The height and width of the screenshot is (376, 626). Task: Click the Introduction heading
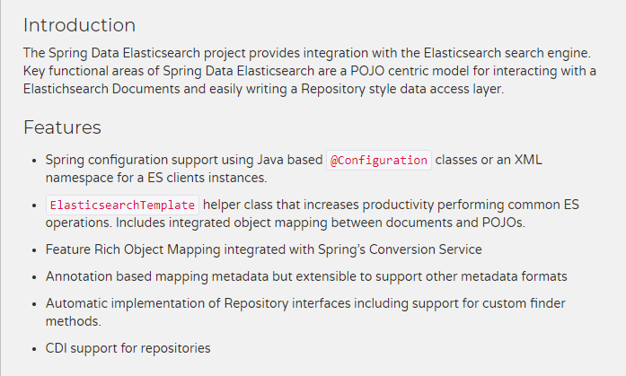tap(79, 25)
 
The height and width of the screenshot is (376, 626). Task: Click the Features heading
tap(62, 127)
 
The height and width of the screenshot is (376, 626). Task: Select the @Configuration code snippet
tap(378, 161)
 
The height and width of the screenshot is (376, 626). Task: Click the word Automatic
tap(80, 303)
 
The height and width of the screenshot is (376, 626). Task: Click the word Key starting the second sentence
tap(35, 71)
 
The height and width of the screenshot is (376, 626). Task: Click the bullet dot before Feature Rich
tap(33, 250)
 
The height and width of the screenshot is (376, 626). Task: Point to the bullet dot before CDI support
tap(33, 348)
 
